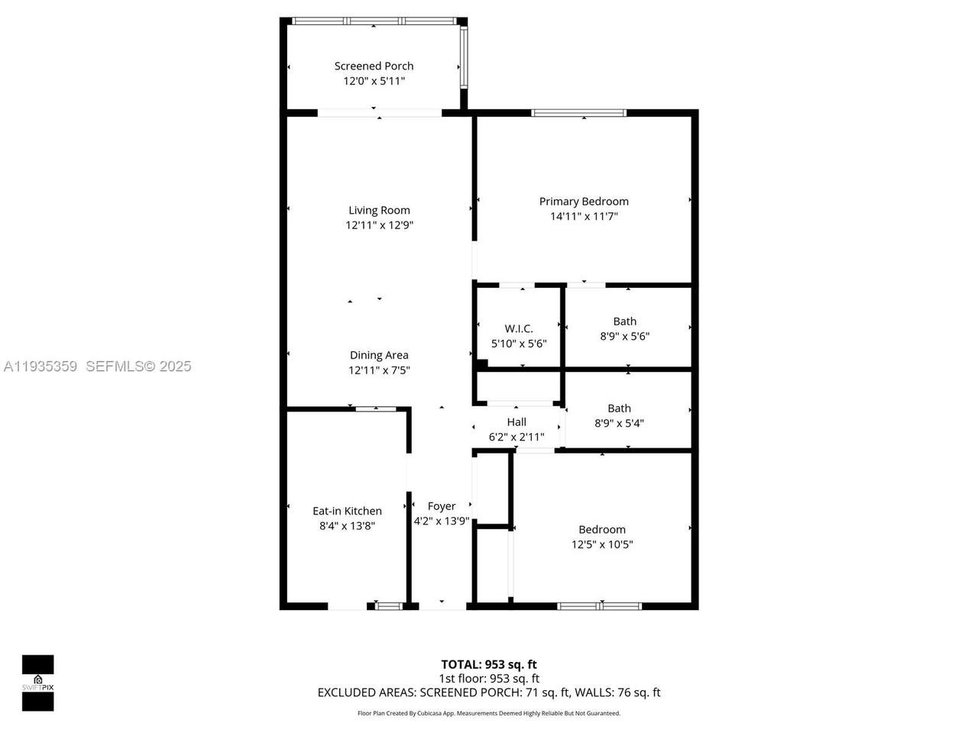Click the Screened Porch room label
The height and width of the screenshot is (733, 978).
(374, 66)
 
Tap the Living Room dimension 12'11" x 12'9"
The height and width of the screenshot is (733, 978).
(379, 224)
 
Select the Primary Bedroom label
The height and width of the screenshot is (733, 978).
(584, 202)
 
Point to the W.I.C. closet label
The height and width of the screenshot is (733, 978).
(519, 328)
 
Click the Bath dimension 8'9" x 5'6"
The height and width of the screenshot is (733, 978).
(625, 336)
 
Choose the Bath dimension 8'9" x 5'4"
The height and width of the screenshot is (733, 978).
(619, 423)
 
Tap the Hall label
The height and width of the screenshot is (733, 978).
(517, 422)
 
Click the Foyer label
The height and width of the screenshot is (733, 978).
(441, 506)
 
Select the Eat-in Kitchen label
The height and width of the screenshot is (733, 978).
(347, 511)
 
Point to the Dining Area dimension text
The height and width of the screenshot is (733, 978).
(379, 370)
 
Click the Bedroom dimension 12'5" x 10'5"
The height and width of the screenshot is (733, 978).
(602, 544)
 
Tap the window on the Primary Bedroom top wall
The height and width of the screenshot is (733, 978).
(579, 112)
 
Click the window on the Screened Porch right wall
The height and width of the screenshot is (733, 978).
(464, 56)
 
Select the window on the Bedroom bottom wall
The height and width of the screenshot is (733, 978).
(599, 606)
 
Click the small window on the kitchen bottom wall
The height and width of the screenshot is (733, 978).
(388, 606)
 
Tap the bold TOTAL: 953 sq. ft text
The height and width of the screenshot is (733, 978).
(489, 664)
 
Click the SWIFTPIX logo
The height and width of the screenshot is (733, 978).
(38, 683)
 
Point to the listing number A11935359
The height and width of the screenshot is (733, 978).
(40, 366)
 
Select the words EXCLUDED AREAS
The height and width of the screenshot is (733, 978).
(367, 693)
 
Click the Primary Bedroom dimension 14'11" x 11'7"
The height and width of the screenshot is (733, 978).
(584, 216)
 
